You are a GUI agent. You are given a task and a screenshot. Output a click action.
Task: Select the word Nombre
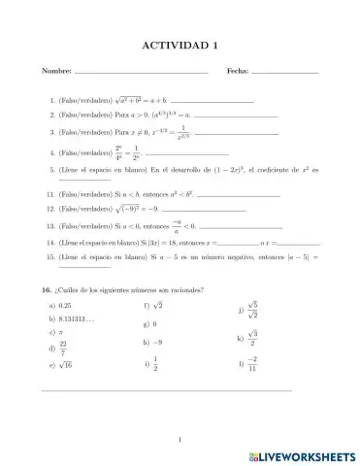(x=57, y=71)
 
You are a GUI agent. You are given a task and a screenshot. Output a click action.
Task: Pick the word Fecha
(x=237, y=71)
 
